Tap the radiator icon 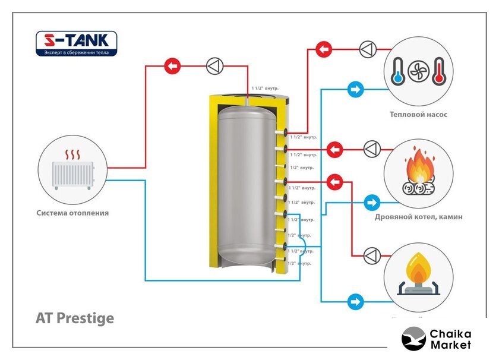pos(72,169)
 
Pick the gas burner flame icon pos(415,275)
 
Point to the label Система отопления pos(72,213)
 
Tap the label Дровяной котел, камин pos(418,217)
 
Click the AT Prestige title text pos(75,318)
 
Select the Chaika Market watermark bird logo pos(413,339)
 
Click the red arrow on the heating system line pos(172,66)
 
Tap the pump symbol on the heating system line pos(214,66)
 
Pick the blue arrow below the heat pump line pos(356,90)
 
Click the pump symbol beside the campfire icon pos(372,149)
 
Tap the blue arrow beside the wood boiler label pos(372,202)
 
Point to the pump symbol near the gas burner pos(372,255)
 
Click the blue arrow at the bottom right pos(356,301)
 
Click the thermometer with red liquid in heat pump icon pos(438,71)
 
